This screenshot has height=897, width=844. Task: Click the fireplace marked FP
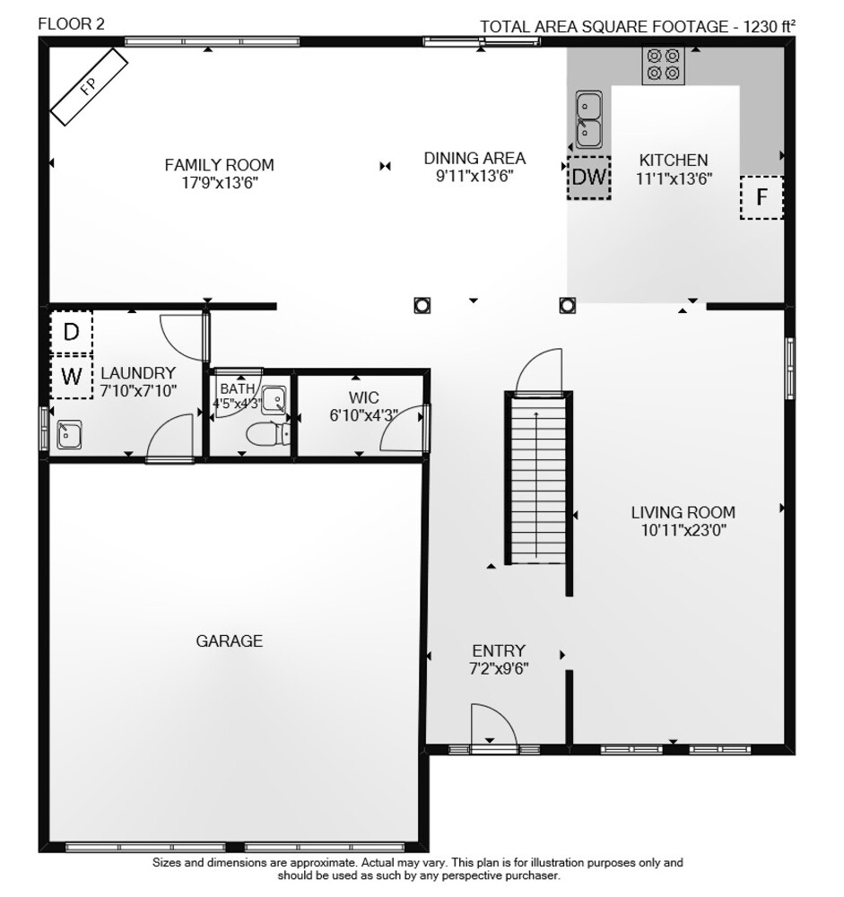(89, 87)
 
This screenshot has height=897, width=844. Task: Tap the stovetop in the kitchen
(663, 65)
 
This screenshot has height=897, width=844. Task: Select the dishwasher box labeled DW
(589, 178)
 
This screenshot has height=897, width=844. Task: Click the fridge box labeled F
(761, 197)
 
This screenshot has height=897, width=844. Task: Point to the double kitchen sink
(588, 119)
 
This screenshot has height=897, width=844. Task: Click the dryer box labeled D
(71, 332)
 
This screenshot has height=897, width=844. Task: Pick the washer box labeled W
(71, 377)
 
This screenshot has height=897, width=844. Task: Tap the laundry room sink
(69, 435)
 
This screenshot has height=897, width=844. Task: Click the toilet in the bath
(268, 434)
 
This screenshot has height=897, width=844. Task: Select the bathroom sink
(274, 400)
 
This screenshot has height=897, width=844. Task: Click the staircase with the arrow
(536, 479)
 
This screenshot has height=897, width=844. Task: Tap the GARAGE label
(230, 640)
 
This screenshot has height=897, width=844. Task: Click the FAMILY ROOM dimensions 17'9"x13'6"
(220, 183)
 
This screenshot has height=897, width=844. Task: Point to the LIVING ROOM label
(683, 512)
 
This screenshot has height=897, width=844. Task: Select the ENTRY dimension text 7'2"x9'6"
(499, 668)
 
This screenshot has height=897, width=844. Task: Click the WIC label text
(364, 397)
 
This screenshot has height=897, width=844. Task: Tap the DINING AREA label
(475, 158)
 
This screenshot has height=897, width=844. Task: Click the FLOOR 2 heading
(72, 24)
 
